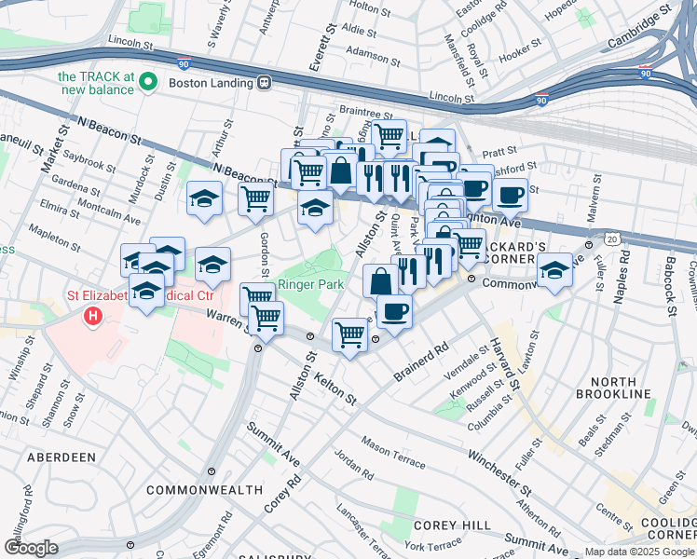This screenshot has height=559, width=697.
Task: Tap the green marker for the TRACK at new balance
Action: (x=147, y=82)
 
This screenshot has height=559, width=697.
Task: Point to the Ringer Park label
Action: (x=311, y=284)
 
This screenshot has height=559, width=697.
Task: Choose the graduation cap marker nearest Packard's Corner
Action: (x=554, y=271)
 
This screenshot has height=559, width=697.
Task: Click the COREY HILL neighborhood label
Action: (x=452, y=525)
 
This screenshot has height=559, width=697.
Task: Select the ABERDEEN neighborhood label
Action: (x=61, y=457)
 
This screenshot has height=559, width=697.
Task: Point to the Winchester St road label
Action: (x=499, y=470)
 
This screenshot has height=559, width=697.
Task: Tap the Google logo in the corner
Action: (x=31, y=548)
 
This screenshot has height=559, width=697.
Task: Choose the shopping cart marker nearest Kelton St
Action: (x=349, y=333)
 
